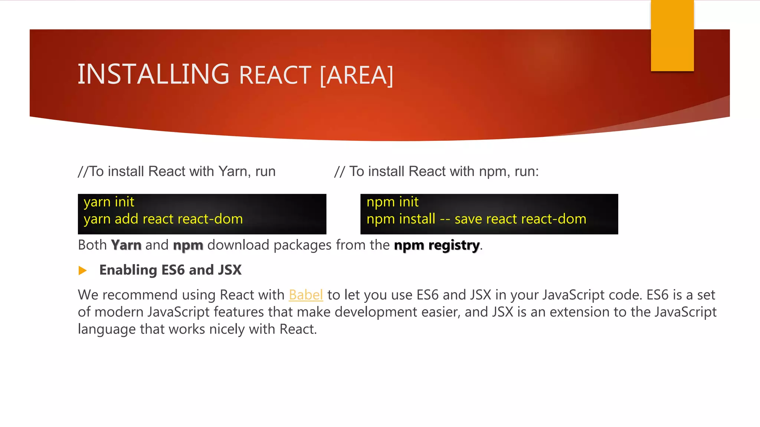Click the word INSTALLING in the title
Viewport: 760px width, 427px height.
point(153,74)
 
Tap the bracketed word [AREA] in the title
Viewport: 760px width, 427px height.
point(356,75)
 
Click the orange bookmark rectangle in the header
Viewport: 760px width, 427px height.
point(672,36)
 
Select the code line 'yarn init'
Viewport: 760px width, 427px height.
point(109,202)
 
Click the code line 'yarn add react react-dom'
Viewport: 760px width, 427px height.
point(163,219)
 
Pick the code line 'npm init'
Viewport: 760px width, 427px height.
point(392,202)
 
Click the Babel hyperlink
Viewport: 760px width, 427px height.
point(306,295)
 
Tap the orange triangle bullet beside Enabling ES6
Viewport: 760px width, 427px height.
point(82,271)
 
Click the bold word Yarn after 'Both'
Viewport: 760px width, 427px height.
point(126,245)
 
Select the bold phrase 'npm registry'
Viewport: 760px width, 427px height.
point(437,245)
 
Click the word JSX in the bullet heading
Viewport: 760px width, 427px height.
point(230,270)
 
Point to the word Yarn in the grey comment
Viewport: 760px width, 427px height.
point(233,172)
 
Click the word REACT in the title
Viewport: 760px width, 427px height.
point(275,75)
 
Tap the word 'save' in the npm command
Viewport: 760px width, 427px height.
point(468,219)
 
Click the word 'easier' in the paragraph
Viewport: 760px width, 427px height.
point(439,312)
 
